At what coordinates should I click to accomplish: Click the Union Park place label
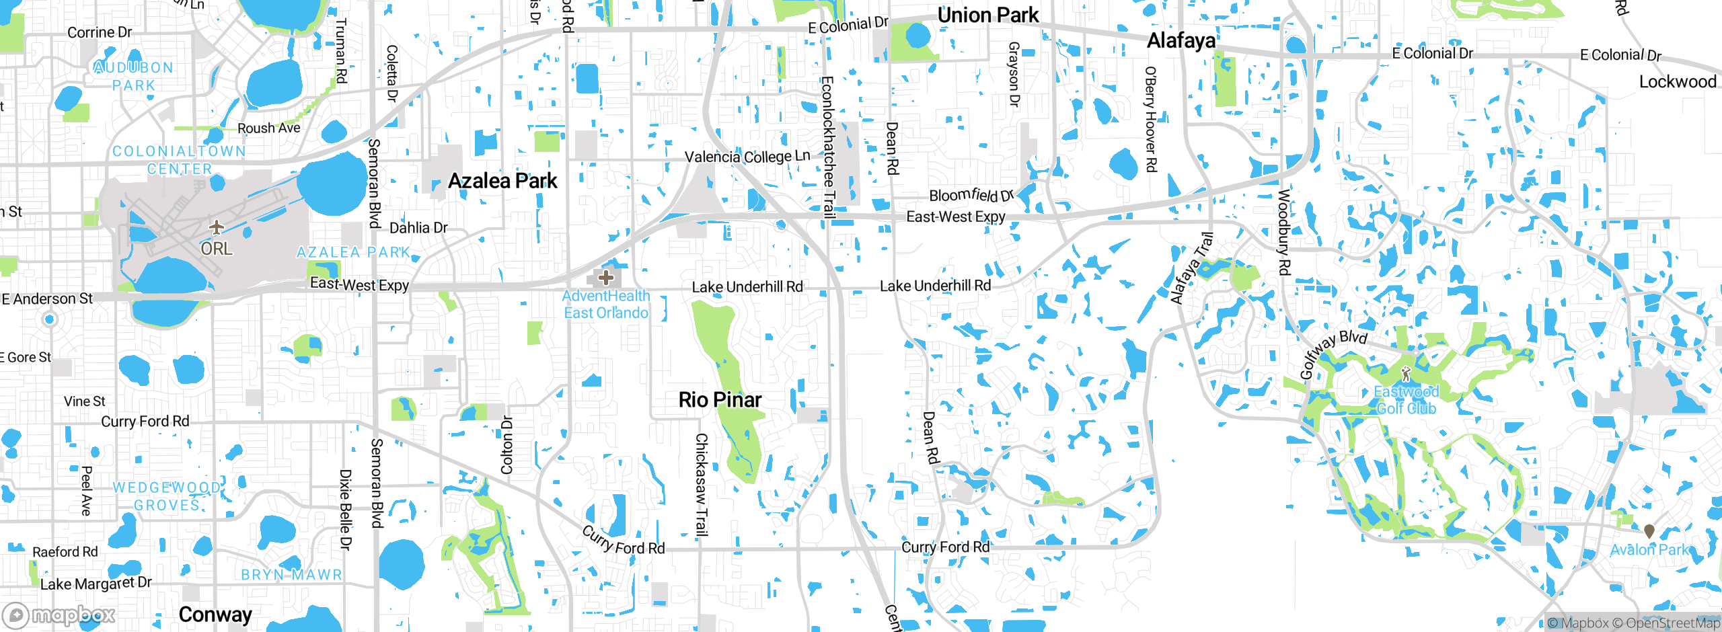pyautogui.click(x=987, y=15)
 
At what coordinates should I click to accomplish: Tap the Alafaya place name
pyautogui.click(x=1181, y=41)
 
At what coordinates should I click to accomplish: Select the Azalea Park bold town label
pyautogui.click(x=502, y=181)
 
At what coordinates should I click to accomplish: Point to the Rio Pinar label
pyautogui.click(x=720, y=400)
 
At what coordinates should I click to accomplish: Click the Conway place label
pyautogui.click(x=215, y=615)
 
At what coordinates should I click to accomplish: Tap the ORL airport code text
pyautogui.click(x=217, y=249)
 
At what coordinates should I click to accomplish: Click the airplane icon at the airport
pyautogui.click(x=216, y=227)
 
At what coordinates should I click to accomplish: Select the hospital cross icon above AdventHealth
pyautogui.click(x=605, y=277)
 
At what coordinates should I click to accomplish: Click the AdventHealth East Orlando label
pyautogui.click(x=606, y=305)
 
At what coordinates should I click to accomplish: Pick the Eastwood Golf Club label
pyautogui.click(x=1406, y=400)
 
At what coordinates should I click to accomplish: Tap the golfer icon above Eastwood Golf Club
pyautogui.click(x=1405, y=374)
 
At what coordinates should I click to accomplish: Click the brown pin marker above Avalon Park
pyautogui.click(x=1649, y=531)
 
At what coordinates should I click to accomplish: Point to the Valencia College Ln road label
pyautogui.click(x=747, y=157)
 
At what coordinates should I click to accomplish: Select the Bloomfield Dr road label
pyautogui.click(x=971, y=196)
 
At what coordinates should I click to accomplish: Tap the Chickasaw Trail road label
pyautogui.click(x=701, y=484)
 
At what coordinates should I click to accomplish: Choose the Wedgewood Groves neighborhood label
pyautogui.click(x=167, y=496)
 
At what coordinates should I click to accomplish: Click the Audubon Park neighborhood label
pyautogui.click(x=134, y=77)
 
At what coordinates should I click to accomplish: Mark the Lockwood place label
pyautogui.click(x=1678, y=82)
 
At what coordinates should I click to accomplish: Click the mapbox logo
pyautogui.click(x=59, y=615)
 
